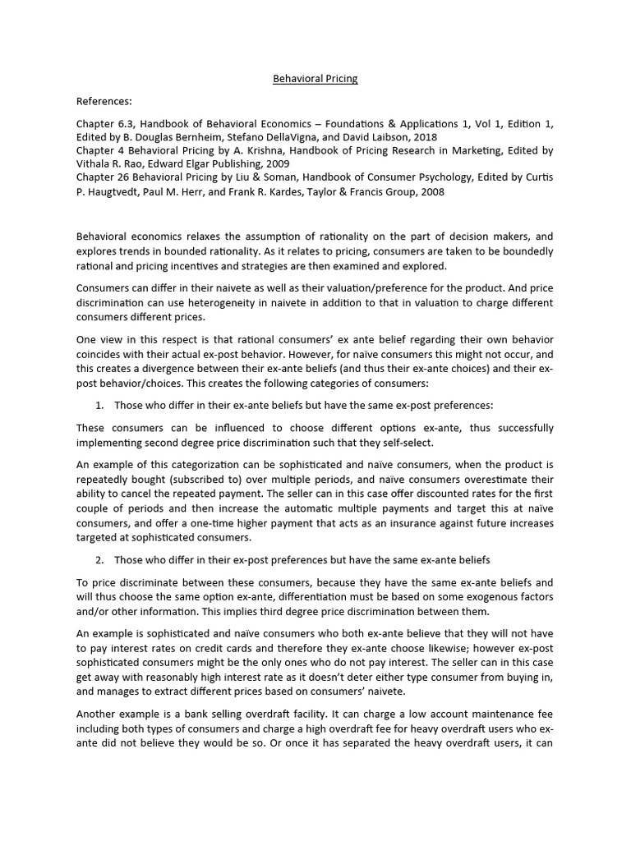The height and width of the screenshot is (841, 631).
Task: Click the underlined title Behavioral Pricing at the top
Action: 315,79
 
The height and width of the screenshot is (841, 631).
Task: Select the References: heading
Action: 104,101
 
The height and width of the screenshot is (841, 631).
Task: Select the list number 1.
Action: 99,405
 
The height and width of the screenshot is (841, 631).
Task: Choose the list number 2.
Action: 99,560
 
